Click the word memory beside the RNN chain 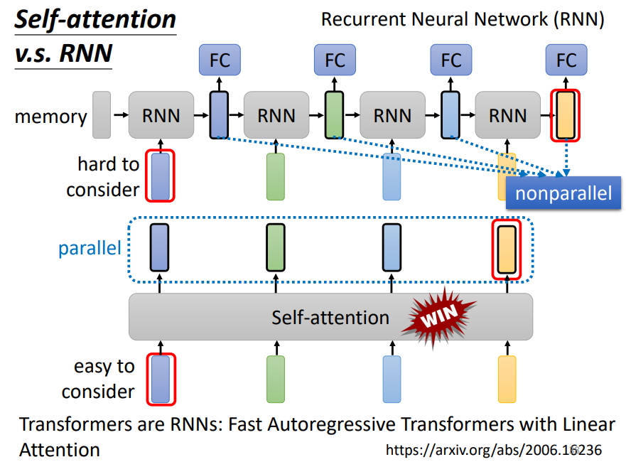coord(50,117)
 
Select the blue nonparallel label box coord(563,194)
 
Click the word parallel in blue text coord(90,249)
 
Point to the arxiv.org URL coord(493,449)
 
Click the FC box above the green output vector coord(335,60)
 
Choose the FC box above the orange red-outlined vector coord(566,60)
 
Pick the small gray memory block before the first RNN coord(102,114)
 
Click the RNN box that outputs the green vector coord(276,114)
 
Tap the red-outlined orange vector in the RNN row coord(566,114)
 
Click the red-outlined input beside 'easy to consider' coord(161,379)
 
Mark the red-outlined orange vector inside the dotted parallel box coord(507,248)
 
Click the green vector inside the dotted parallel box coord(276,247)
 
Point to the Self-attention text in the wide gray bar coord(330,317)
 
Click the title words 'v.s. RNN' coord(63,53)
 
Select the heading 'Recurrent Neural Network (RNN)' coord(463,19)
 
